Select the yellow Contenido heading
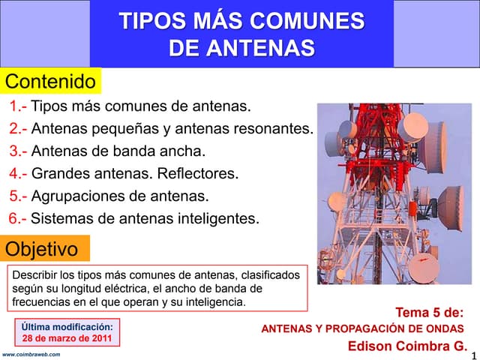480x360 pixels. tap(51, 81)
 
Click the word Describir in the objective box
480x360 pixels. tap(34, 275)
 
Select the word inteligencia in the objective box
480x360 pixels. tap(212, 302)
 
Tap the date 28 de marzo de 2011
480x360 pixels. tap(67, 338)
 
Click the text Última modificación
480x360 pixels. tap(67, 326)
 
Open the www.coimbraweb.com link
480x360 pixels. tap(31, 354)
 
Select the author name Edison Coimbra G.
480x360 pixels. tap(407, 346)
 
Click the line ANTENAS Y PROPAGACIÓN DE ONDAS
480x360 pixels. tap(362, 329)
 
